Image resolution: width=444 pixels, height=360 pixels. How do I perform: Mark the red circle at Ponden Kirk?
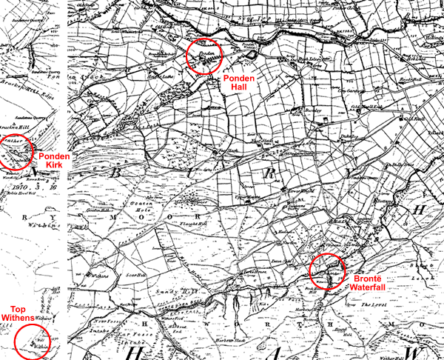16,152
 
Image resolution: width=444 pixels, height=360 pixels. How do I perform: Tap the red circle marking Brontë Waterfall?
326,270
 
